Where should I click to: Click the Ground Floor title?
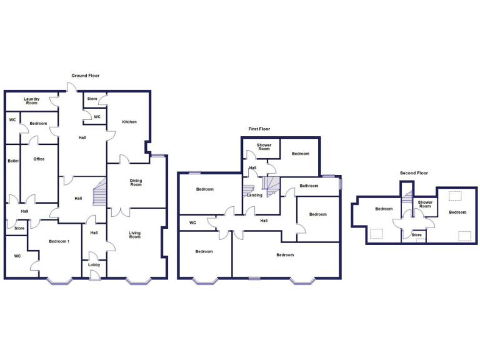click(85, 76)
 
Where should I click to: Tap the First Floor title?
click(259, 129)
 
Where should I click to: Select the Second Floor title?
click(414, 173)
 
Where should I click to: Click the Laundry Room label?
click(32, 101)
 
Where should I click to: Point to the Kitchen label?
click(129, 122)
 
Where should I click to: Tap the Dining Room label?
click(136, 182)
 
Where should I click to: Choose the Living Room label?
click(135, 235)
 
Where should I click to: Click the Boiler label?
click(13, 161)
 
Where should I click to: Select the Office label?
click(39, 159)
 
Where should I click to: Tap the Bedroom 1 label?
click(59, 242)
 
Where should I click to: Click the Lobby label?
click(94, 264)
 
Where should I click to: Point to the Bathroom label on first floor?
click(309, 186)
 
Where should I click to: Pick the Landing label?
click(254, 195)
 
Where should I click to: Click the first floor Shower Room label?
click(264, 147)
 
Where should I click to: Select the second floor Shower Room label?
click(425, 204)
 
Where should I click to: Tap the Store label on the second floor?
click(416, 235)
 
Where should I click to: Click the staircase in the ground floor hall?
click(99, 194)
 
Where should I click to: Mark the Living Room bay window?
click(138, 281)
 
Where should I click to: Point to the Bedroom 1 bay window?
click(59, 281)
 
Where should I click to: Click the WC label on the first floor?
click(192, 222)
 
